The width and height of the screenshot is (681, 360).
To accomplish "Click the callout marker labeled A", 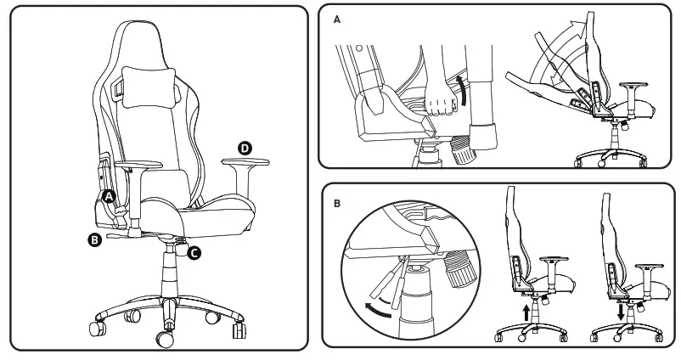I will [109, 196].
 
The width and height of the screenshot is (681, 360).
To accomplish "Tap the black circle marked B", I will [95, 240].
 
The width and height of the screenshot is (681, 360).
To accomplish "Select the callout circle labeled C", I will [194, 252].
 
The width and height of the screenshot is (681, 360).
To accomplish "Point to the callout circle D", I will [245, 148].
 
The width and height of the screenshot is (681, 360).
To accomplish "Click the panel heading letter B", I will [338, 204].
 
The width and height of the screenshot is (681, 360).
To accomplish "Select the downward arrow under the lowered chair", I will [622, 312].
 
